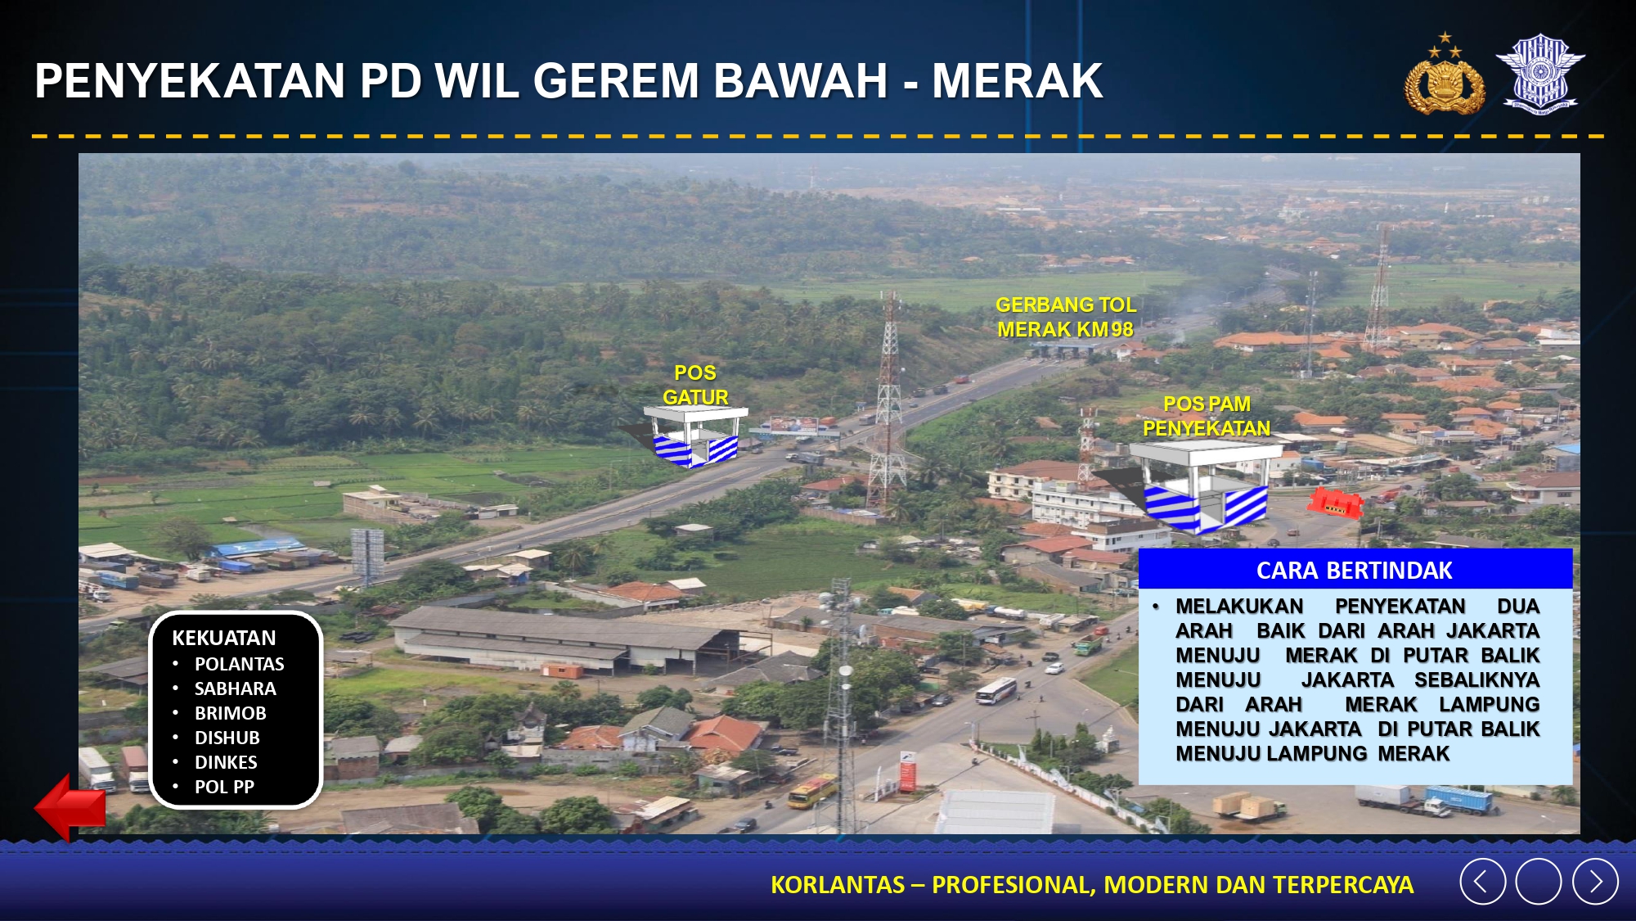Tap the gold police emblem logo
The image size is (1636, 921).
(x=1445, y=74)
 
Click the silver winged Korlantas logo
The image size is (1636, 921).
(x=1540, y=73)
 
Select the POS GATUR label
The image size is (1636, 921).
(x=695, y=385)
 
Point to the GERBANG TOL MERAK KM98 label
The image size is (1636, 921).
(x=1066, y=317)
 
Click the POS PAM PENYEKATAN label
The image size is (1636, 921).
(x=1207, y=416)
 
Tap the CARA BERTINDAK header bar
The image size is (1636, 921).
(x=1355, y=570)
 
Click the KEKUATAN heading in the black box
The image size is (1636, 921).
(x=224, y=638)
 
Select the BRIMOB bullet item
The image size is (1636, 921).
(x=231, y=713)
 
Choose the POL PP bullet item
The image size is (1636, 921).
(x=224, y=787)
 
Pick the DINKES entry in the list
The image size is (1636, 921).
(x=226, y=762)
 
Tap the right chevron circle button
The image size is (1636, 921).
(x=1595, y=882)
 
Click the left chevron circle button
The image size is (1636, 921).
(x=1482, y=882)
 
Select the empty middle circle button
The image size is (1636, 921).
(x=1539, y=882)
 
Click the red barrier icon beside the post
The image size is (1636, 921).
(x=1334, y=503)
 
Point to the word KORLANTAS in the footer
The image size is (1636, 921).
(x=837, y=885)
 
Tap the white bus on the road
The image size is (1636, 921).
(x=996, y=692)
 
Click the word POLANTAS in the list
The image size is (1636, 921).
(x=240, y=664)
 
